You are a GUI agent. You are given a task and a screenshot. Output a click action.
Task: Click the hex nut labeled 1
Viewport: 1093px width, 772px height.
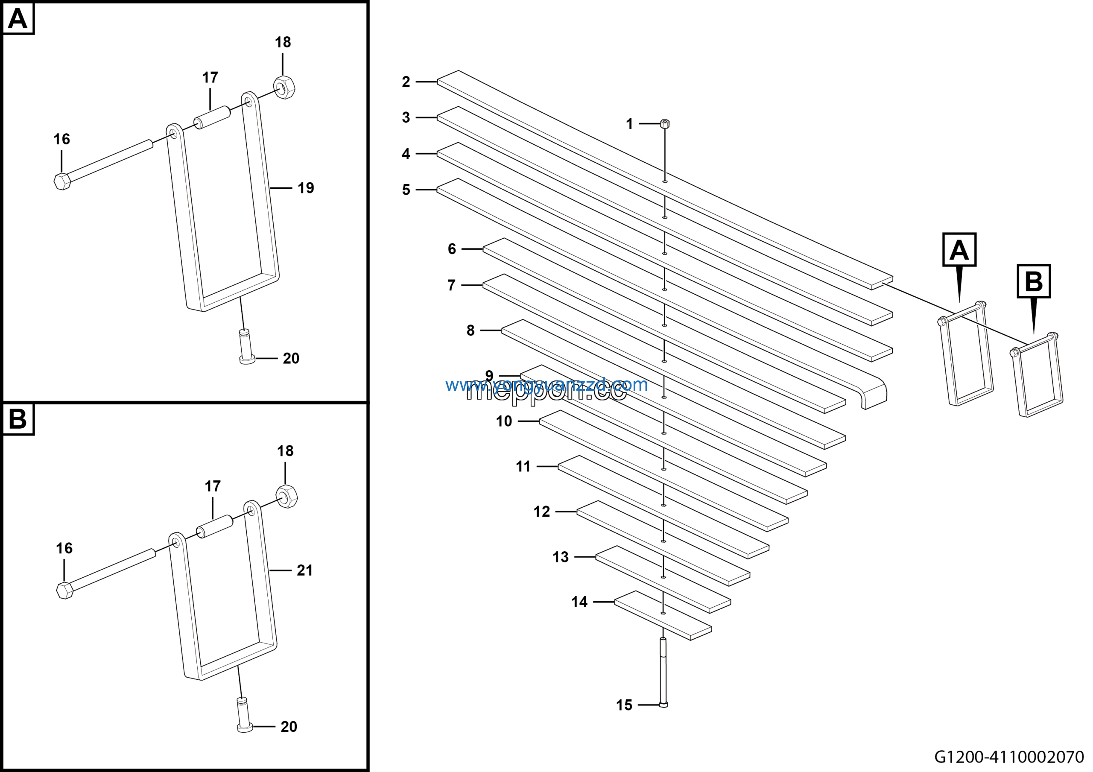(665, 124)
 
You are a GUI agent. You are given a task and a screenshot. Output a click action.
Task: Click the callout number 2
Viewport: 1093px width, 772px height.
(406, 82)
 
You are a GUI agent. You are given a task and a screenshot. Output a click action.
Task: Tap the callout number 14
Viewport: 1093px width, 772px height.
(579, 602)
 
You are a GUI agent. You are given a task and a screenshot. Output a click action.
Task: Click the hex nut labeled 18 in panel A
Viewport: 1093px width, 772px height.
(284, 87)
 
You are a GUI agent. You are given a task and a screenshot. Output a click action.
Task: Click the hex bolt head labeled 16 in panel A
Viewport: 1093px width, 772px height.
(62, 181)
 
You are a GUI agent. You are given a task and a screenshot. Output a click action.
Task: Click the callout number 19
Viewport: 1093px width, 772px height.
(306, 188)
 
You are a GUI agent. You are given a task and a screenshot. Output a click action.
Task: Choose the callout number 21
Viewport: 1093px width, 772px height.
(305, 570)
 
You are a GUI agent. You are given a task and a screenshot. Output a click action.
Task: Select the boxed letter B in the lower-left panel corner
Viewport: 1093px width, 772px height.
(18, 419)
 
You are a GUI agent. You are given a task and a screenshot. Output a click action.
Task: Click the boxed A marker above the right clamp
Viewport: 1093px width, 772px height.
(959, 249)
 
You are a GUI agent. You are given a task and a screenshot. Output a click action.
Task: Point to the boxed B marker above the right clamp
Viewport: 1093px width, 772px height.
(1034, 281)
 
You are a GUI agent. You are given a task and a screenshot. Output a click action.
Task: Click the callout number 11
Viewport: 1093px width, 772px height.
(523, 466)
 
